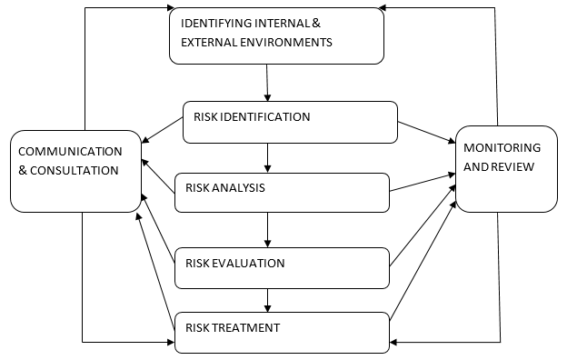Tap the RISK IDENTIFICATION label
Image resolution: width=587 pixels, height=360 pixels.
tap(252, 117)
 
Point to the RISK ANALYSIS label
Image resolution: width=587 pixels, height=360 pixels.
tap(224, 188)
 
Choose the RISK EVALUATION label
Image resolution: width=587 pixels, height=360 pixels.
tap(234, 264)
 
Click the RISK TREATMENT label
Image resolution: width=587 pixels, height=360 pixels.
tap(232, 327)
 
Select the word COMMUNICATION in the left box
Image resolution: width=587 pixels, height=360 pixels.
tap(70, 151)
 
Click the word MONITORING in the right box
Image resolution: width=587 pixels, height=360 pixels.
tap(502, 147)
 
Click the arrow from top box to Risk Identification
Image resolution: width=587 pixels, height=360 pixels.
tap(268, 83)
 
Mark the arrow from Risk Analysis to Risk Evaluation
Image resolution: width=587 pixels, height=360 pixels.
tap(268, 229)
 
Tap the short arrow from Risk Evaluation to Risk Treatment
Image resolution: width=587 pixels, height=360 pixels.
tap(268, 297)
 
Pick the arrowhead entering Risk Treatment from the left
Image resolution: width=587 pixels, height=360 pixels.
tap(168, 342)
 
